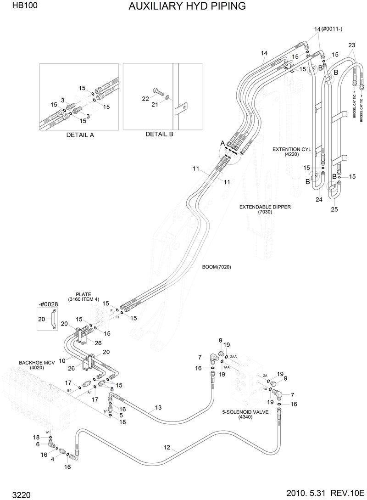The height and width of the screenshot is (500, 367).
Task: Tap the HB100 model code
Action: (x=16, y=6)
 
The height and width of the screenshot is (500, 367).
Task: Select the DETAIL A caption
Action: (x=80, y=135)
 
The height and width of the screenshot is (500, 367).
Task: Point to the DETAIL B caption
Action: (x=159, y=134)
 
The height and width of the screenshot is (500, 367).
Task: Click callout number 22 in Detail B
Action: (x=145, y=99)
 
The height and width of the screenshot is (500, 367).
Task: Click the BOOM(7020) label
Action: (x=216, y=267)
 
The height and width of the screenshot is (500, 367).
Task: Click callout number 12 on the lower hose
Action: (x=167, y=447)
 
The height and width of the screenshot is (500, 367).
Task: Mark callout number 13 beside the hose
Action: (x=158, y=407)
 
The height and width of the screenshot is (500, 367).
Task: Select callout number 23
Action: (x=351, y=45)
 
